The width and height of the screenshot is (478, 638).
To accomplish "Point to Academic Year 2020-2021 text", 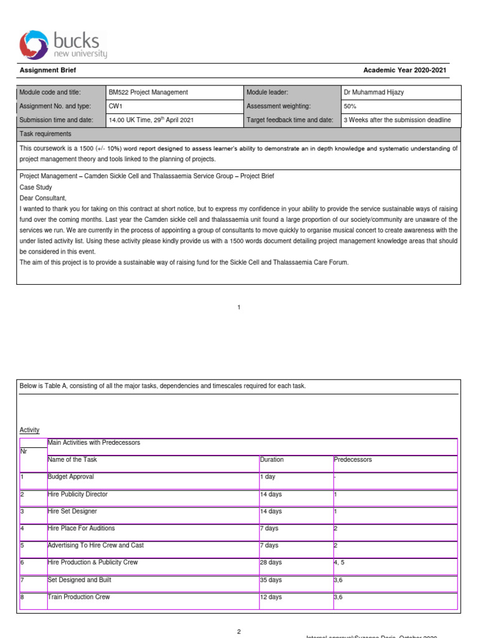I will tap(405, 71).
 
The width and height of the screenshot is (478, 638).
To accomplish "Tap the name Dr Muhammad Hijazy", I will tap(373, 92).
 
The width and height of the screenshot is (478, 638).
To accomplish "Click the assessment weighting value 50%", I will tap(350, 107).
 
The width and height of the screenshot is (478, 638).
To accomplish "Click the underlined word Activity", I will tap(29, 430).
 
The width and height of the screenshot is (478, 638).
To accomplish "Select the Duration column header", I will tap(271, 460).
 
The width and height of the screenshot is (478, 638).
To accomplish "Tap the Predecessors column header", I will tap(352, 460).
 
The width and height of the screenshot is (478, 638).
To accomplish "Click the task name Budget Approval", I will tap(71, 477).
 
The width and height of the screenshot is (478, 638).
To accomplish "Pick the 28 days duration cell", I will tap(271, 563).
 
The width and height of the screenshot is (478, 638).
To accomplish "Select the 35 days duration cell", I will tap(271, 580).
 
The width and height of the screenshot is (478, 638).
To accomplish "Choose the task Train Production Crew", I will tap(79, 597).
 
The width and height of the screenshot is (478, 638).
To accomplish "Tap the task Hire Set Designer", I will tap(73, 512).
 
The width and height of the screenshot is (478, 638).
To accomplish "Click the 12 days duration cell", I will tap(271, 597).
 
